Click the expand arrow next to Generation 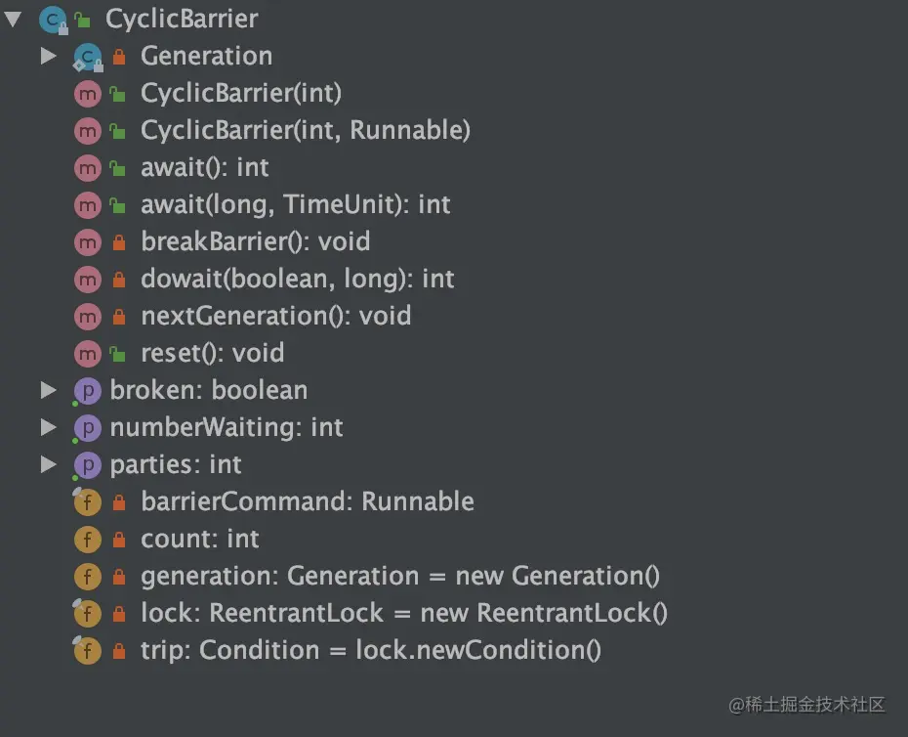pyautogui.click(x=49, y=57)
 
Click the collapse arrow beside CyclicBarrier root pyautogui.click(x=13, y=19)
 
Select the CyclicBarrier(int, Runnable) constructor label pyautogui.click(x=305, y=130)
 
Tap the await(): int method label pyautogui.click(x=204, y=167)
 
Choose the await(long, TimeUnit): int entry pyautogui.click(x=295, y=204)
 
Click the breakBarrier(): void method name pyautogui.click(x=255, y=241)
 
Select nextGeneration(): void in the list pyautogui.click(x=275, y=316)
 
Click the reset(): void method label pyautogui.click(x=212, y=353)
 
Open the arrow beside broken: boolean pyautogui.click(x=49, y=391)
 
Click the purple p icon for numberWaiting pyautogui.click(x=88, y=428)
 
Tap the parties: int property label pyautogui.click(x=176, y=464)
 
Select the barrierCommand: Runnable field pyautogui.click(x=307, y=501)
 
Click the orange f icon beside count pyautogui.click(x=88, y=540)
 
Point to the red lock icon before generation pyautogui.click(x=119, y=577)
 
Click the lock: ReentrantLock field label pyautogui.click(x=403, y=614)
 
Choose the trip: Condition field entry pyautogui.click(x=370, y=651)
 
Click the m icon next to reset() pyautogui.click(x=88, y=353)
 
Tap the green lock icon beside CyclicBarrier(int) pyautogui.click(x=118, y=94)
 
